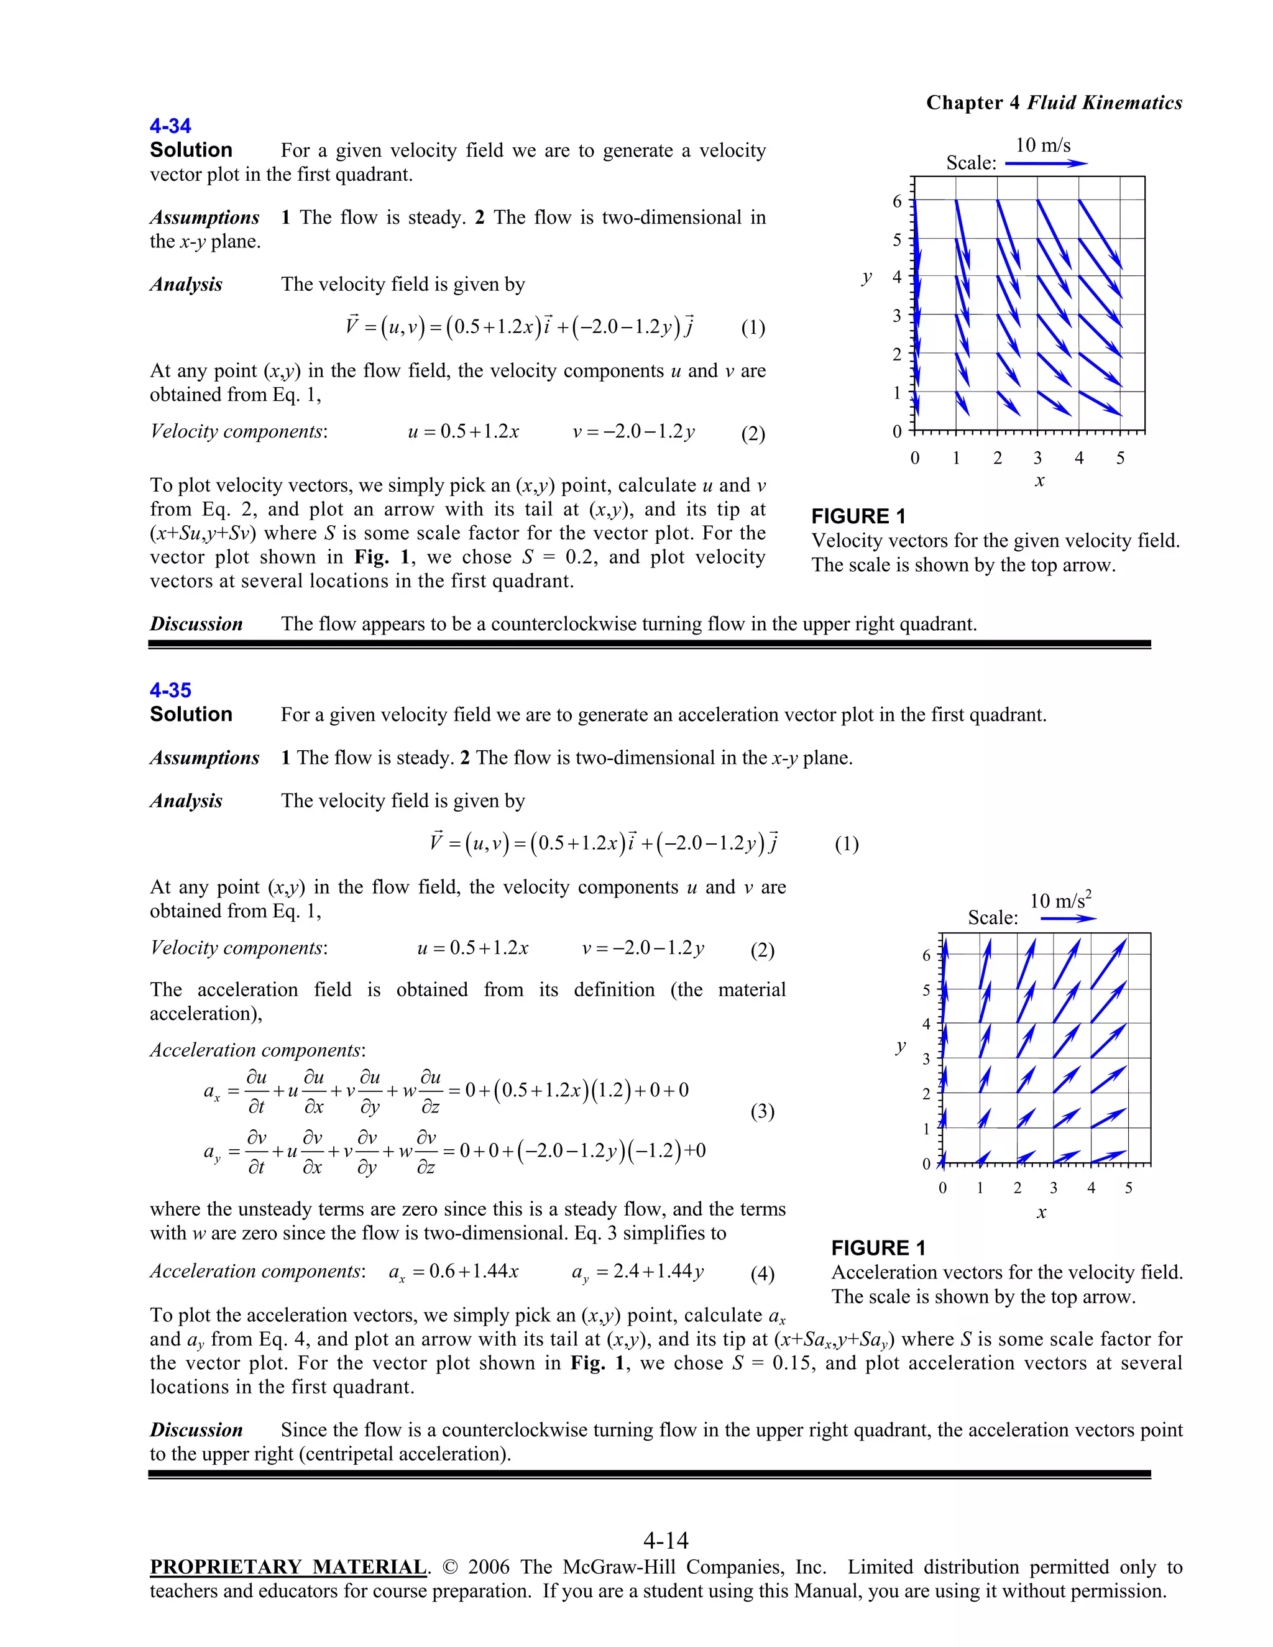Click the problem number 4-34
[170, 126]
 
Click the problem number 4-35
[170, 690]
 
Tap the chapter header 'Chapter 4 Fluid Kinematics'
[1054, 103]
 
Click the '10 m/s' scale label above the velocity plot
[1042, 145]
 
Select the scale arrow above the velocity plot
[1046, 163]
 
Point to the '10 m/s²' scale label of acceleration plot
[1060, 900]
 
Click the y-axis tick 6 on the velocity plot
[897, 201]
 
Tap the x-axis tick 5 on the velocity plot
[1120, 458]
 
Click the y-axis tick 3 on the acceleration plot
[926, 1059]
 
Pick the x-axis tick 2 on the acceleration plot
[1016, 1188]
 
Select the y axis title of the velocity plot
[866, 278]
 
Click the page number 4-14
[666, 1540]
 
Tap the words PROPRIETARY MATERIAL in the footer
[288, 1567]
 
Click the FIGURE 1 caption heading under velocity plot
[858, 516]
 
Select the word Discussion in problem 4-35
[196, 1430]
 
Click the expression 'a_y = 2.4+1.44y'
[637, 1272]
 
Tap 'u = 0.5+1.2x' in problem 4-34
[463, 431]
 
